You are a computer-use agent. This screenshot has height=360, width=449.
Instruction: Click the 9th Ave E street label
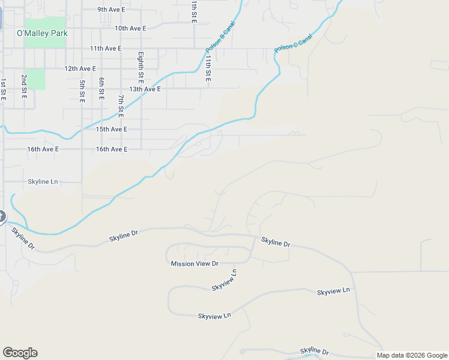(x=112, y=10)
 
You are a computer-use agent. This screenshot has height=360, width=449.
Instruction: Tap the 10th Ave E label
(x=130, y=28)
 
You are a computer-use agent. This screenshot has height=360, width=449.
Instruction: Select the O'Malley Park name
(x=42, y=34)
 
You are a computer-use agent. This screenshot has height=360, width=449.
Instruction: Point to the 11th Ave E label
(x=106, y=48)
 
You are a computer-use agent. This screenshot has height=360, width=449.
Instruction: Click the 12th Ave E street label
(x=80, y=69)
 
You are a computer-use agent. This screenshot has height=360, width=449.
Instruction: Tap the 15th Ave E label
(x=112, y=129)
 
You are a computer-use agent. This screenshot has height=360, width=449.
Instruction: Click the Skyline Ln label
(x=43, y=181)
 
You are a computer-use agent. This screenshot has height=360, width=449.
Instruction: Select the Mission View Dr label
(x=194, y=263)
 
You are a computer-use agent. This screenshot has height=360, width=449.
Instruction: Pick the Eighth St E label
(x=140, y=67)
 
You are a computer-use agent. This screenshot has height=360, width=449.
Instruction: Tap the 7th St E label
(x=121, y=105)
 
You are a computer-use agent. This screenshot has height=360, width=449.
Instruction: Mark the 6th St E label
(x=102, y=88)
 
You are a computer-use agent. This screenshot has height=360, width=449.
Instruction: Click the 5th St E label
(x=82, y=91)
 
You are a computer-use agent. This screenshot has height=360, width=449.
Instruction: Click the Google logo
(x=20, y=353)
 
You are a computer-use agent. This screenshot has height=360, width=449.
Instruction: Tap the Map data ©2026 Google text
(x=411, y=355)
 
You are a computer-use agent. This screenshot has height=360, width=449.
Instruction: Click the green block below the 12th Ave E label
(x=35, y=79)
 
